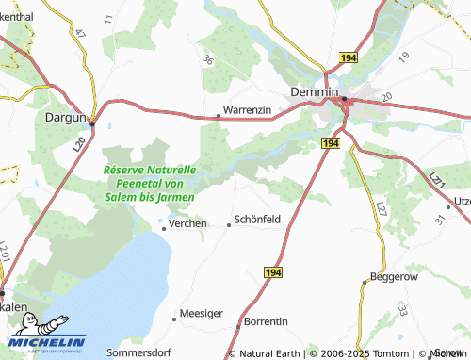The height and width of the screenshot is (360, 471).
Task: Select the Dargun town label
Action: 65,118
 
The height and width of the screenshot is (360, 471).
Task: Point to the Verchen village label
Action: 187,223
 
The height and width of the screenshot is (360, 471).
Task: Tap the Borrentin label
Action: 266,321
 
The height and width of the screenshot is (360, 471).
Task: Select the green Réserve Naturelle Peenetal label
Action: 150,183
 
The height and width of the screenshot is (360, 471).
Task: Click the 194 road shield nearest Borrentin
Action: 272,271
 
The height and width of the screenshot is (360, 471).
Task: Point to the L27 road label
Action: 381,208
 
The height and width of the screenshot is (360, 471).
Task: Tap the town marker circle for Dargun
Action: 93,119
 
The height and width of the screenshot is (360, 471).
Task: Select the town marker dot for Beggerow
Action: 365,282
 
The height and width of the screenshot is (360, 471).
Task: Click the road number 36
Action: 207,59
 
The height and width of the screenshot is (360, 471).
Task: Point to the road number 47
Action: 80,32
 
